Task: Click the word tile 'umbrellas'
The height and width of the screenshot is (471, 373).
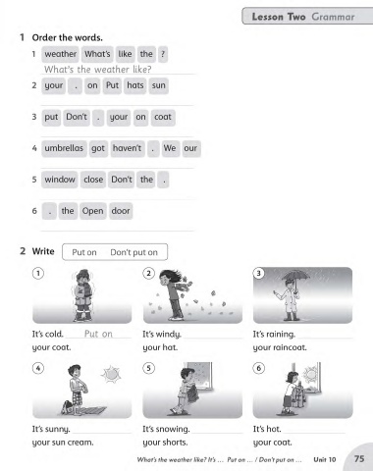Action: click(x=64, y=148)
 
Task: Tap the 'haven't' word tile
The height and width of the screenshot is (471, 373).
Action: click(x=128, y=148)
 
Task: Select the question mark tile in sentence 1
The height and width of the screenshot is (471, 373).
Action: click(x=163, y=54)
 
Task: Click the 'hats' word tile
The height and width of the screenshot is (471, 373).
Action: click(x=135, y=85)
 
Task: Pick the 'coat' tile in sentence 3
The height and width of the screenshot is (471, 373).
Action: click(x=163, y=117)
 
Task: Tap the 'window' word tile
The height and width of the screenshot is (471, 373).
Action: click(x=60, y=180)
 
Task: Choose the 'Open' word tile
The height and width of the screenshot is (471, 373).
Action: click(x=93, y=211)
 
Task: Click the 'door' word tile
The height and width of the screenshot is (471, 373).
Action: click(x=121, y=211)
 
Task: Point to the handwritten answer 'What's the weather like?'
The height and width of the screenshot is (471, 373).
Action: click(x=97, y=70)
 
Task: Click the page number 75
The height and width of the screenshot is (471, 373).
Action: click(x=359, y=459)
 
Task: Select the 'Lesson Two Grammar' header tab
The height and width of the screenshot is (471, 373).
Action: click(x=307, y=16)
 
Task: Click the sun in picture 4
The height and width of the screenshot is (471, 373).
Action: click(x=111, y=374)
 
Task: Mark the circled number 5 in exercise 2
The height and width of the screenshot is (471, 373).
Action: click(x=148, y=368)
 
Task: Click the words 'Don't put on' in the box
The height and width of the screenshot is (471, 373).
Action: click(x=133, y=252)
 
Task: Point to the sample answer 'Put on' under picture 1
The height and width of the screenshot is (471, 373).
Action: click(x=98, y=334)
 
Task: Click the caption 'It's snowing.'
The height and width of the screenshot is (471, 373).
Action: click(x=166, y=429)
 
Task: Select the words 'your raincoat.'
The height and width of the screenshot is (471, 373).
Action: click(x=280, y=347)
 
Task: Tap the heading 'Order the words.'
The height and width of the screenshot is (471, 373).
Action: click(x=67, y=37)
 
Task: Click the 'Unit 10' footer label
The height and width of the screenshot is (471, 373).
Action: click(x=325, y=459)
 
